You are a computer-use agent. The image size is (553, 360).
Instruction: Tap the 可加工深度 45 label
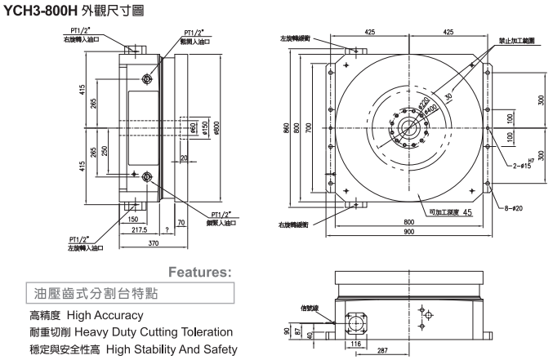click(445, 213)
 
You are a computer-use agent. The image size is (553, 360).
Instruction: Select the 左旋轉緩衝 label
click(294, 38)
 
